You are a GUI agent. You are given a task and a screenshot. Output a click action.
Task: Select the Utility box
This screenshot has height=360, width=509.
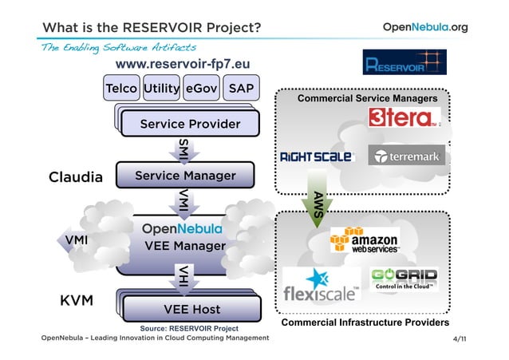(x=161, y=88)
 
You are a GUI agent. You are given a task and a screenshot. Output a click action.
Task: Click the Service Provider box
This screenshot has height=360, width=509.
(x=190, y=124)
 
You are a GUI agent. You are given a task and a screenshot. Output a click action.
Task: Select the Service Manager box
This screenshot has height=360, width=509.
(x=184, y=175)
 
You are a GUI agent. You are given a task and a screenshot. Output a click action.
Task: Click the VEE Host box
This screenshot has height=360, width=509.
(x=191, y=309)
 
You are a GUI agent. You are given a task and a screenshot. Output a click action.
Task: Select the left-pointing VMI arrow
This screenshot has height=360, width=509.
(x=77, y=239)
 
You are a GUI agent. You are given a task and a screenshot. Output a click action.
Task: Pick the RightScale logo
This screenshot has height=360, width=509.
(x=316, y=156)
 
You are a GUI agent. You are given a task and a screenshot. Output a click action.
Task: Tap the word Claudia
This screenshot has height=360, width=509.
(x=76, y=176)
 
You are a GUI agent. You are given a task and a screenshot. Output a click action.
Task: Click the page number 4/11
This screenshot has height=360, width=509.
(x=460, y=340)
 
